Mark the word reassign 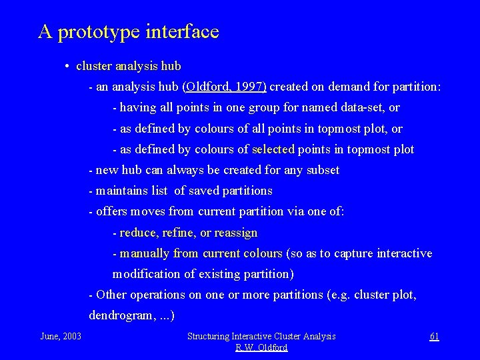(x=233, y=233)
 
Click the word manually (x=145, y=253)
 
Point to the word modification (x=146, y=274)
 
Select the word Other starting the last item (x=112, y=295)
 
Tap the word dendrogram (x=119, y=315)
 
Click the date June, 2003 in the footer (x=61, y=336)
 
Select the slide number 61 (x=433, y=336)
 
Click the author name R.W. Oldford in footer (x=261, y=347)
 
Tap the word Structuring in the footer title (x=211, y=336)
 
